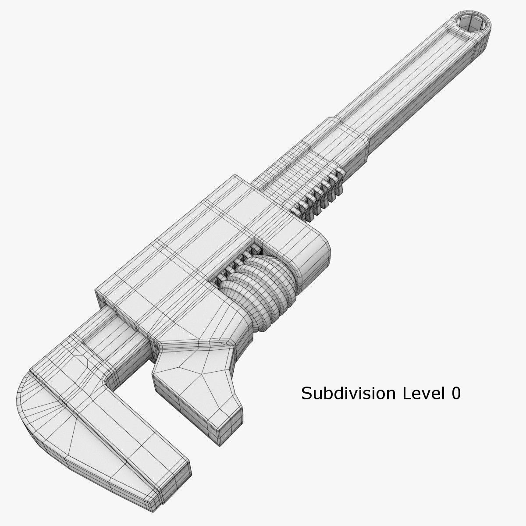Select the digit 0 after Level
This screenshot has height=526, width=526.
[x=456, y=394]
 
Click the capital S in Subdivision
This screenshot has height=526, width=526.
[x=306, y=394]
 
